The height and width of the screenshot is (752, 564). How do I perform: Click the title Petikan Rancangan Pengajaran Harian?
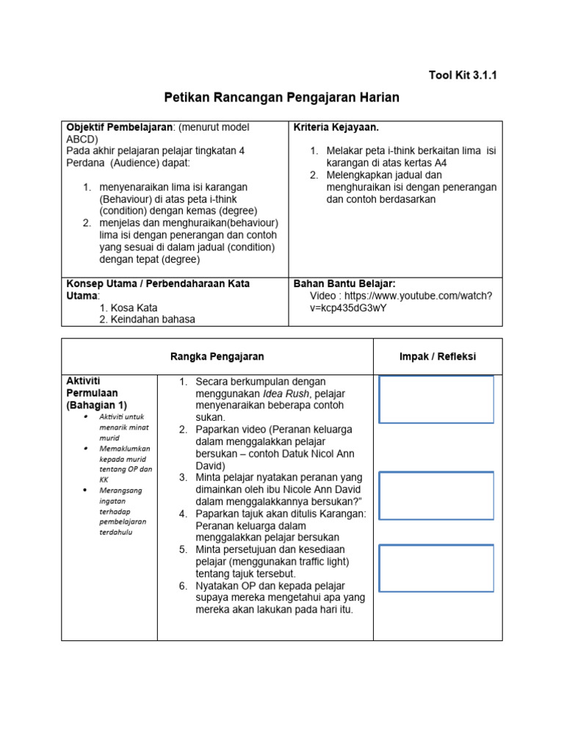pos(281,98)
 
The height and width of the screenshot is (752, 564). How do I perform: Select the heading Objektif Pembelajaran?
pos(118,127)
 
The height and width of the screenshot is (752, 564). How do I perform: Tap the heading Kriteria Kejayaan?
pos(336,127)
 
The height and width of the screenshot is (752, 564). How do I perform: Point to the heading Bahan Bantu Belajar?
pos(344,283)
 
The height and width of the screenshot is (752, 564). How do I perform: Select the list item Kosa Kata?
pos(129,308)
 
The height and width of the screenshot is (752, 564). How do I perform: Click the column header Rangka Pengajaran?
pos(217,356)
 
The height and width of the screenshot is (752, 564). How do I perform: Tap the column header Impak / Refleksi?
pos(437,356)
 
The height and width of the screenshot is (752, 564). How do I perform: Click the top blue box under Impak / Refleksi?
pos(436,399)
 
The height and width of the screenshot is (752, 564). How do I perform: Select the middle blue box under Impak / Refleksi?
pos(436,495)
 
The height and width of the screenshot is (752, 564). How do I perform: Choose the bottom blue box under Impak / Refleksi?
pos(436,568)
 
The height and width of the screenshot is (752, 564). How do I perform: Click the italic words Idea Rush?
pos(287,394)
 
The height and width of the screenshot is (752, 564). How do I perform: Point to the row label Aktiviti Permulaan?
pos(93,393)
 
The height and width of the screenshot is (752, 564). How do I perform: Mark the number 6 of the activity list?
pos(183,585)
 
